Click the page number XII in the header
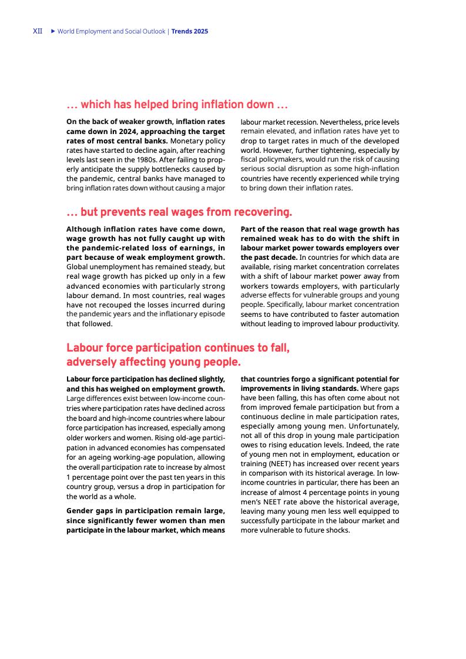click(37, 31)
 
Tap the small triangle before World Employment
click(52, 31)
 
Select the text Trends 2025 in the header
click(190, 31)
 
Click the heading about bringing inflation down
click(177, 105)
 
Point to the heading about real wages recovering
click(179, 212)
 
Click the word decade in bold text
click(284, 257)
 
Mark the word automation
click(377, 314)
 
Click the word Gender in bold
click(79, 511)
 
